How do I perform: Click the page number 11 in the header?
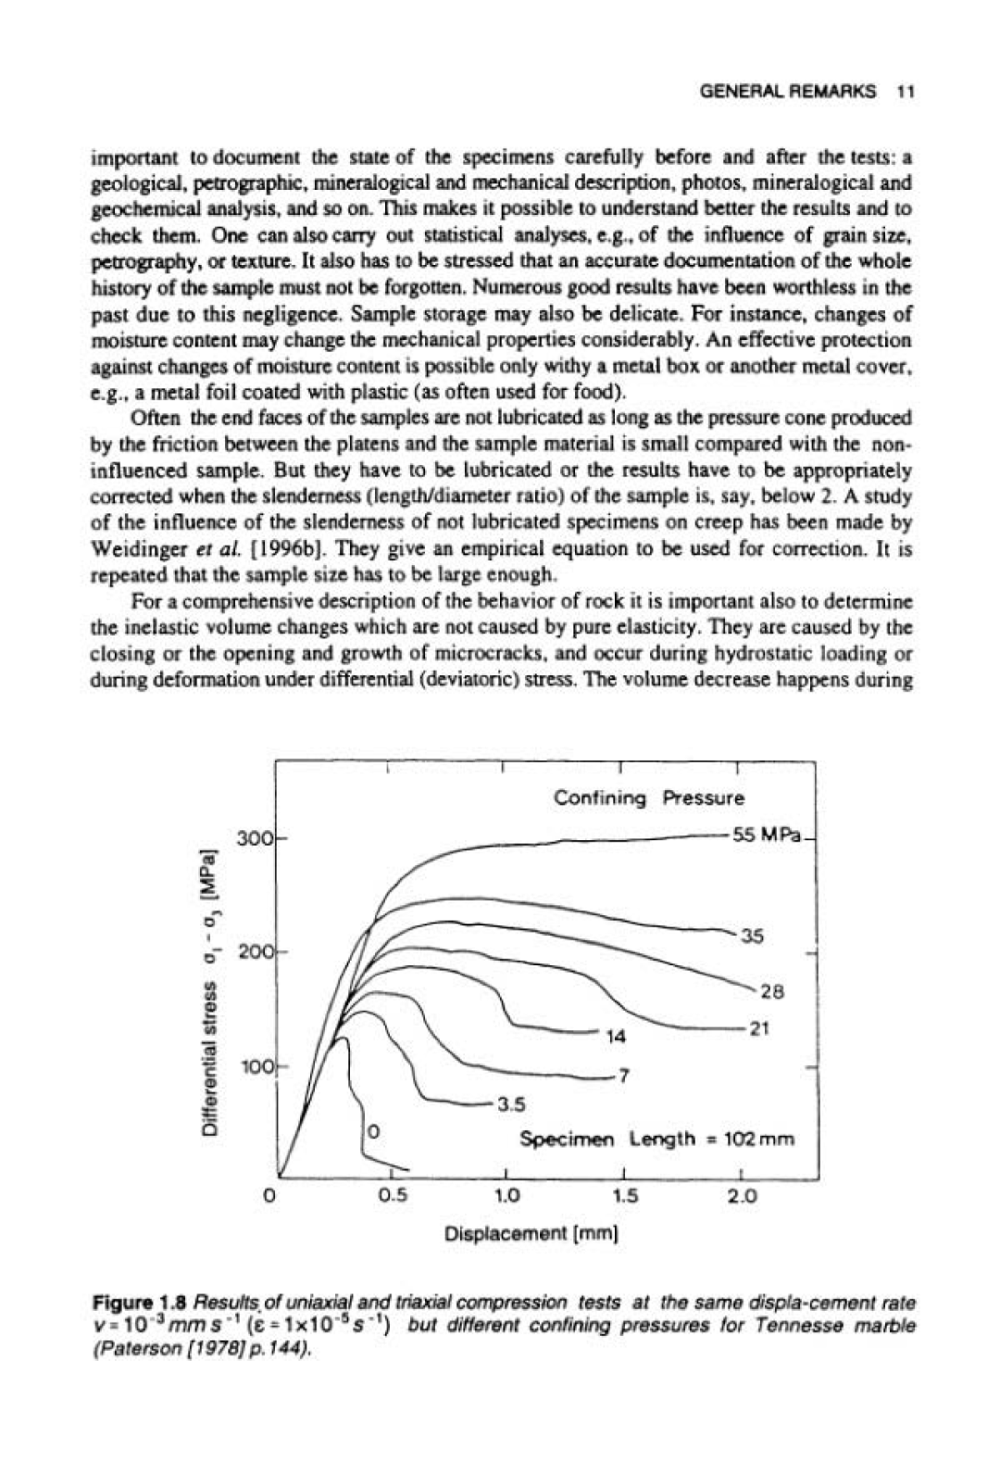pyautogui.click(x=906, y=92)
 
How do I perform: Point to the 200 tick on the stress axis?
pyautogui.click(x=255, y=951)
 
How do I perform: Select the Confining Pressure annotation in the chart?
pyautogui.click(x=648, y=798)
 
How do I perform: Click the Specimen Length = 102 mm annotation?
pyautogui.click(x=657, y=1139)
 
